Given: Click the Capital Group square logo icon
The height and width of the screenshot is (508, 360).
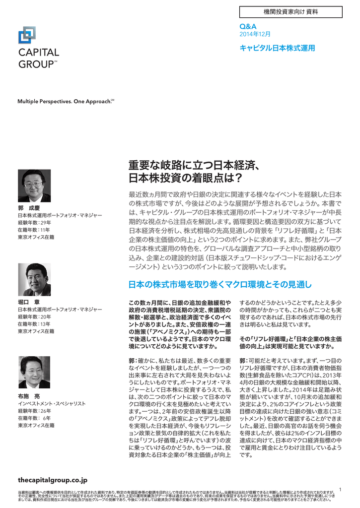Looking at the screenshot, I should click(x=27, y=35).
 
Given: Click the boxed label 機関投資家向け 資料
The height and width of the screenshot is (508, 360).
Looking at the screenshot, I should click(x=290, y=11).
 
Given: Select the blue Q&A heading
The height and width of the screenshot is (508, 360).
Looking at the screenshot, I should click(x=248, y=26).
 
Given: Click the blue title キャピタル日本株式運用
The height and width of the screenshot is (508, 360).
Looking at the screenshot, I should click(x=277, y=48).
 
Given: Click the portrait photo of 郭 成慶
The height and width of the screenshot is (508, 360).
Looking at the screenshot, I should click(x=34, y=186).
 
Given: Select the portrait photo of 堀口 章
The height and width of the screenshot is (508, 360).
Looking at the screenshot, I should click(x=34, y=279).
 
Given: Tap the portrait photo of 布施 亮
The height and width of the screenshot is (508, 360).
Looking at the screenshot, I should click(x=34, y=372).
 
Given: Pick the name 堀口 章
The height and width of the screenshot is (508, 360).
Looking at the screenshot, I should click(x=29, y=301).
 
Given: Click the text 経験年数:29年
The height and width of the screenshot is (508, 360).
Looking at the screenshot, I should click(x=34, y=223).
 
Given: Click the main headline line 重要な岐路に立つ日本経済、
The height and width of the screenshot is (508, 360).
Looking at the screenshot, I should click(x=192, y=166).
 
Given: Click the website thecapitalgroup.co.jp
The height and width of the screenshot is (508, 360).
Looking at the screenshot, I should click(x=52, y=480).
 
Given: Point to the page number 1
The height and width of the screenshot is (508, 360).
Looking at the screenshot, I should click(x=340, y=490).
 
